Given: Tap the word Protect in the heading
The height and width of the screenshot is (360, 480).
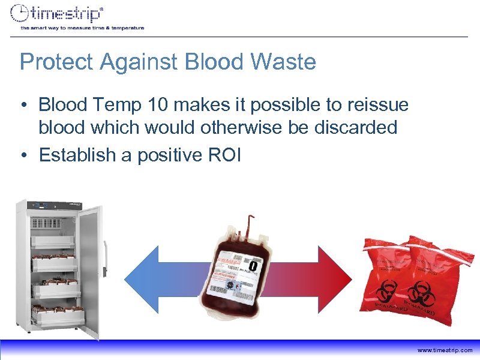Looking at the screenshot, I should (x=54, y=62).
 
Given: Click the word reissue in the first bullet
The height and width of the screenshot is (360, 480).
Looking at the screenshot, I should (x=377, y=106).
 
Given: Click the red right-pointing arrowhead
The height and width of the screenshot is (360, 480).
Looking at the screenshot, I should (x=336, y=274).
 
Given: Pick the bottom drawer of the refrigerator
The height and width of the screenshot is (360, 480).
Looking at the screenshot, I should (x=53, y=315).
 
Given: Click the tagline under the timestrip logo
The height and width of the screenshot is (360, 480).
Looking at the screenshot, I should (x=82, y=28).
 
